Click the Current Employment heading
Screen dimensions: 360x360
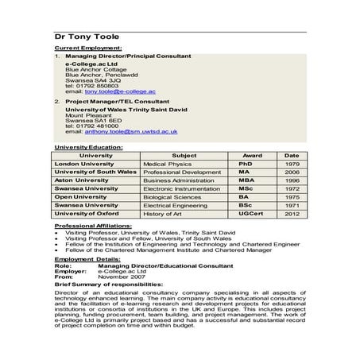(x=83, y=49)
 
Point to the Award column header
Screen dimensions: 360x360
(x=252, y=155)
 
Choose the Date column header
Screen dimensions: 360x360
(x=292, y=155)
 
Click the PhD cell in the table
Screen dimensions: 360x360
(x=245, y=163)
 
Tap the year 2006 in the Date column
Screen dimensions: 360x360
(x=292, y=172)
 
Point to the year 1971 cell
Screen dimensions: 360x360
(x=292, y=205)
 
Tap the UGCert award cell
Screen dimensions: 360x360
(x=250, y=214)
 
